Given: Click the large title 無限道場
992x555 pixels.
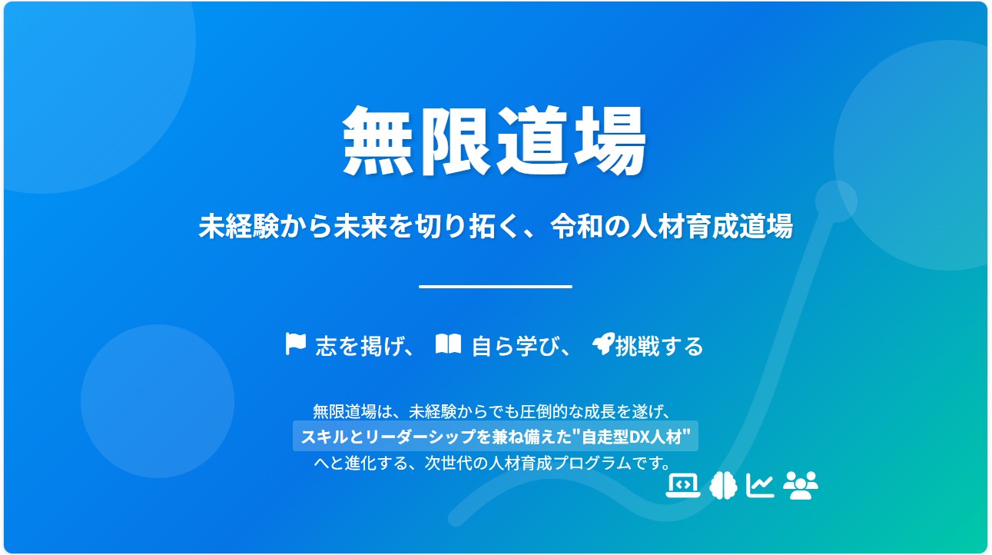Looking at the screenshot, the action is pos(495,141).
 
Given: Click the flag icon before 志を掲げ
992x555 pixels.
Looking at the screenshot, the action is pos(295,344).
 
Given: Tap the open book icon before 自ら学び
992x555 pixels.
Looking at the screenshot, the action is pos(448,344).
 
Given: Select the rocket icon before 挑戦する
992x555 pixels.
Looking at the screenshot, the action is pos(604,344).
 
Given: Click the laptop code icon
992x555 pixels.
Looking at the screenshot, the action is pos(683,486).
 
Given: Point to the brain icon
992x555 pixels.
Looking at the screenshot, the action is pos(723,486).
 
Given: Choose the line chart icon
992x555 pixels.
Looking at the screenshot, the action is pos(760,486).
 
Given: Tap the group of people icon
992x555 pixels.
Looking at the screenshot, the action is pos(801,486).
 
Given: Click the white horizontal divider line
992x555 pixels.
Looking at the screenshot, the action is pos(496,287).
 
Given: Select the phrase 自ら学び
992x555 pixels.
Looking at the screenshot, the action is pos(516,346).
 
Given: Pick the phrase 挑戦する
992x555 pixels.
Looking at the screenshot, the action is pos(659,346).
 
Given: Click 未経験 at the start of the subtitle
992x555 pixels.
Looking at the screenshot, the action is pos(239,226).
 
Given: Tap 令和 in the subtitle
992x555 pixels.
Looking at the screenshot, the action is pos(577,226).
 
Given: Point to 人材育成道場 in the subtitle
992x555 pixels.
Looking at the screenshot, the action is pos(712,226).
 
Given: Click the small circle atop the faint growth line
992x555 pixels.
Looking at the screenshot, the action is pos(836,201).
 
